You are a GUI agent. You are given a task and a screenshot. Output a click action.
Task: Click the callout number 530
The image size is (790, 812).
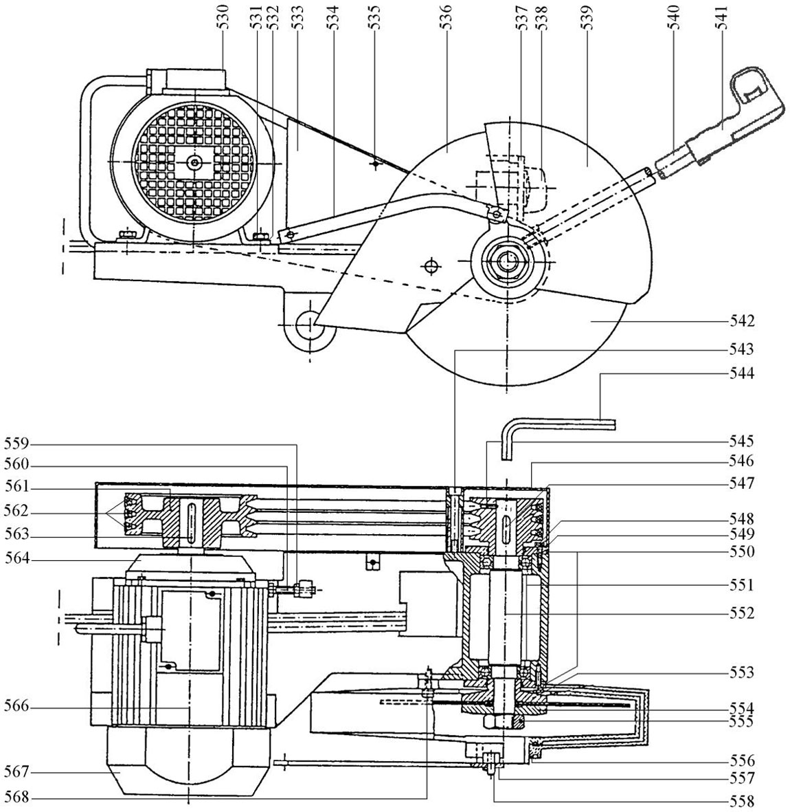pyautogui.click(x=225, y=18)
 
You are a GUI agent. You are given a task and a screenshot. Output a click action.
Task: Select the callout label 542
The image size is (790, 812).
pyautogui.click(x=742, y=321)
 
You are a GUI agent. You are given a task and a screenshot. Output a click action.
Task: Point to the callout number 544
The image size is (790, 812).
pyautogui.click(x=742, y=373)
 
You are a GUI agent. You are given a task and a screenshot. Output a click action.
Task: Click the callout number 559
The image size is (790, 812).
pyautogui.click(x=17, y=444)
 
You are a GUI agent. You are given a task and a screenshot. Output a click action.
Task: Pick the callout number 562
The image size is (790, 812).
pyautogui.click(x=17, y=512)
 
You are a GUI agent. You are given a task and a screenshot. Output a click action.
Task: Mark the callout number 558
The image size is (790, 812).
pyautogui.click(x=742, y=801)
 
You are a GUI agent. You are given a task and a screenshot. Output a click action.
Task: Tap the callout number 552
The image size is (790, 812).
pyautogui.click(x=742, y=614)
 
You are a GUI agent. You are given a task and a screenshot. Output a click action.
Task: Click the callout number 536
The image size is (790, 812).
pyautogui.click(x=447, y=18)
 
